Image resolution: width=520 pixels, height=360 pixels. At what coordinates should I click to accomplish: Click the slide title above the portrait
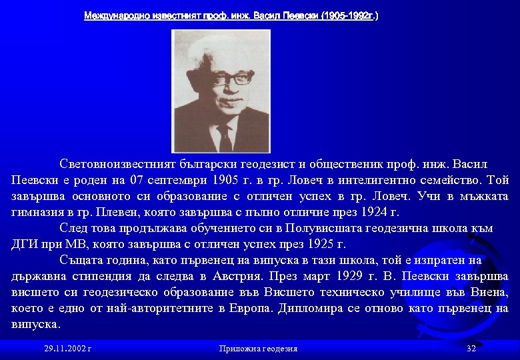tap(231, 15)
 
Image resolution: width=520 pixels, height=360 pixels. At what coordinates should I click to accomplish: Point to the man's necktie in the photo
tap(225, 137)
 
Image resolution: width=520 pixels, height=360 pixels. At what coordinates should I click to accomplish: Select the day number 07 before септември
tap(137, 180)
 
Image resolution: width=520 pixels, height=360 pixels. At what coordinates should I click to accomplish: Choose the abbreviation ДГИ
tap(26, 244)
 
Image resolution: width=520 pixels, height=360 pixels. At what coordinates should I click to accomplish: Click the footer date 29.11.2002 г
tap(67, 349)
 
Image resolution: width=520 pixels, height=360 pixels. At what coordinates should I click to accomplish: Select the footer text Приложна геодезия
tap(258, 349)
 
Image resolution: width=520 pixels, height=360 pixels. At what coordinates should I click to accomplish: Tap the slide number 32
tap(471, 349)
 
